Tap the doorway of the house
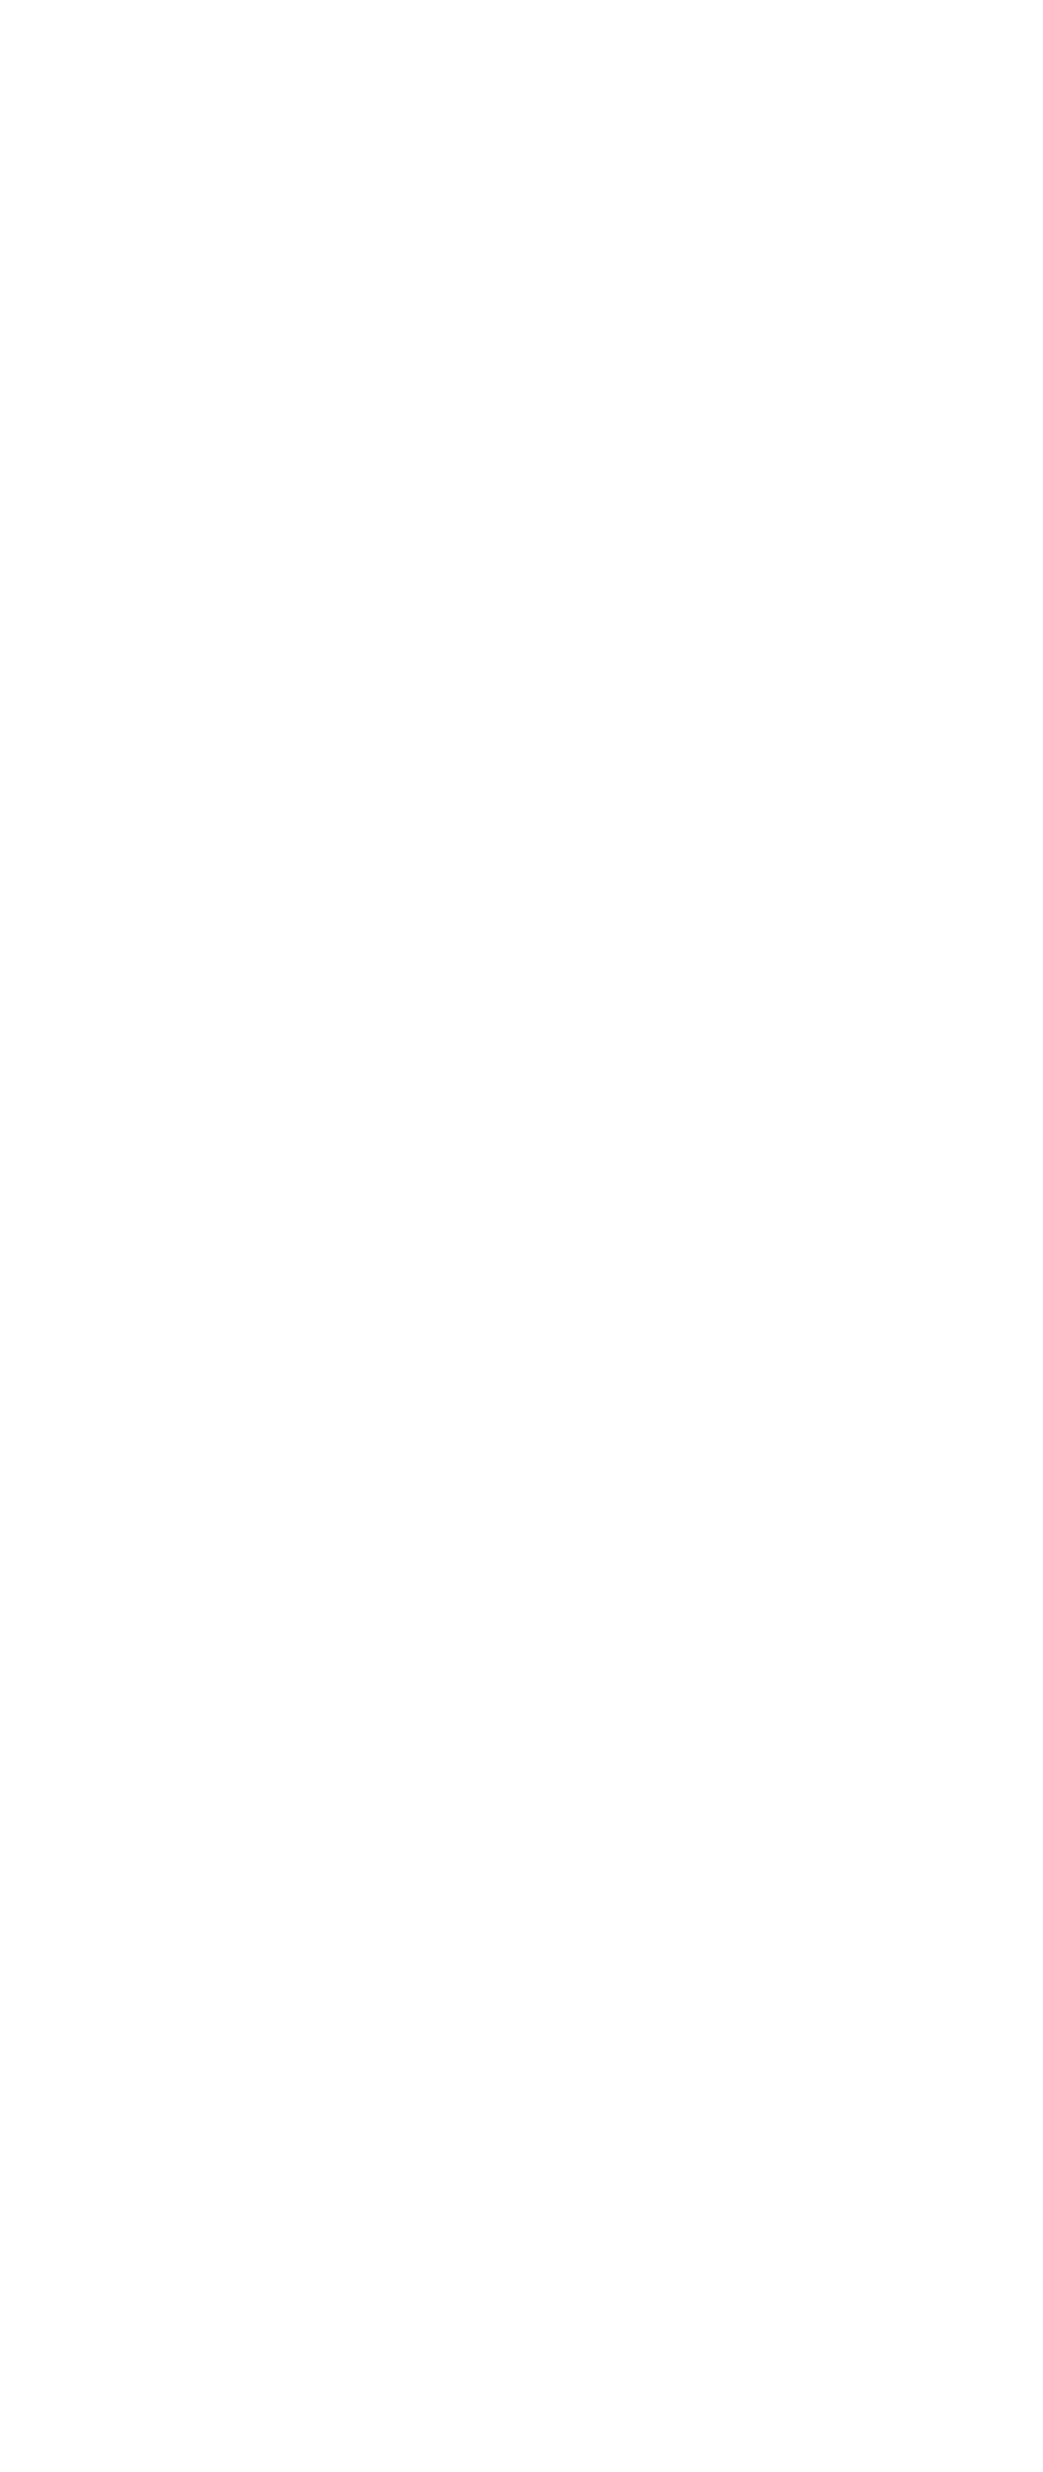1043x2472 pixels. (x=727, y=1080)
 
